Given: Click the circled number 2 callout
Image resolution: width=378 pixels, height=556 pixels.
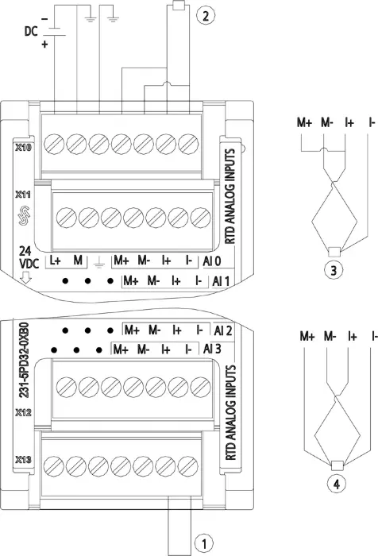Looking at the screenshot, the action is [206, 16].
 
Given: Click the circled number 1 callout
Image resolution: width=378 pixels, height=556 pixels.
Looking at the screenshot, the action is [204, 542].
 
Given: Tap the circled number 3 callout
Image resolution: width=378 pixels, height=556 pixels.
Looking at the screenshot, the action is [334, 271].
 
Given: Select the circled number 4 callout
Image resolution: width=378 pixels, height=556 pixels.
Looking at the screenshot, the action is [336, 484].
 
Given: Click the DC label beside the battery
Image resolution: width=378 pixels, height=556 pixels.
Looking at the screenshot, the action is [31, 32].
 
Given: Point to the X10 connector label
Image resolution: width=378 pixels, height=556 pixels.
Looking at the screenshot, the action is [23, 147].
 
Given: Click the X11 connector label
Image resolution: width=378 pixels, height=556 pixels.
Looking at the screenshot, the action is [23, 195].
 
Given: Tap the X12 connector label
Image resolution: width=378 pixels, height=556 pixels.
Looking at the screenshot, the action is [23, 412].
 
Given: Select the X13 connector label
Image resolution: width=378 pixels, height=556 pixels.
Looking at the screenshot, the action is [23, 460].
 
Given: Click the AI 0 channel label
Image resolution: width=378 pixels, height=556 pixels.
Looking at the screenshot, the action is [212, 261].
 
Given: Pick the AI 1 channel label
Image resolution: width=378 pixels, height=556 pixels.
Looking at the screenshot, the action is [221, 281].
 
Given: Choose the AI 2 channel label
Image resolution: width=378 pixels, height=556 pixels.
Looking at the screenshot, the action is [223, 330].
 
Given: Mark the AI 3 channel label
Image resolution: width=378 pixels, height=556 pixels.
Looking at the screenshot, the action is [212, 349].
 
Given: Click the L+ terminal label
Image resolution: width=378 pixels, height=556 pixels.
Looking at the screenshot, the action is [56, 261].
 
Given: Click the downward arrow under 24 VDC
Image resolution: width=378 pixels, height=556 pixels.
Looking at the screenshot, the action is [26, 278].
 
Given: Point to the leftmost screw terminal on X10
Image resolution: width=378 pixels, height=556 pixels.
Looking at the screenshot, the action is [54, 145].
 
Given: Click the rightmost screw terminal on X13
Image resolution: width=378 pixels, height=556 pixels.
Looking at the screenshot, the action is [188, 465].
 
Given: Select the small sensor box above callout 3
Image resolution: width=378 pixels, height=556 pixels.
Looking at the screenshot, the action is [334, 252].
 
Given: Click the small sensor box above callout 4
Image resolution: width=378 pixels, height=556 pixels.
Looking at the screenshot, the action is [337, 465].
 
